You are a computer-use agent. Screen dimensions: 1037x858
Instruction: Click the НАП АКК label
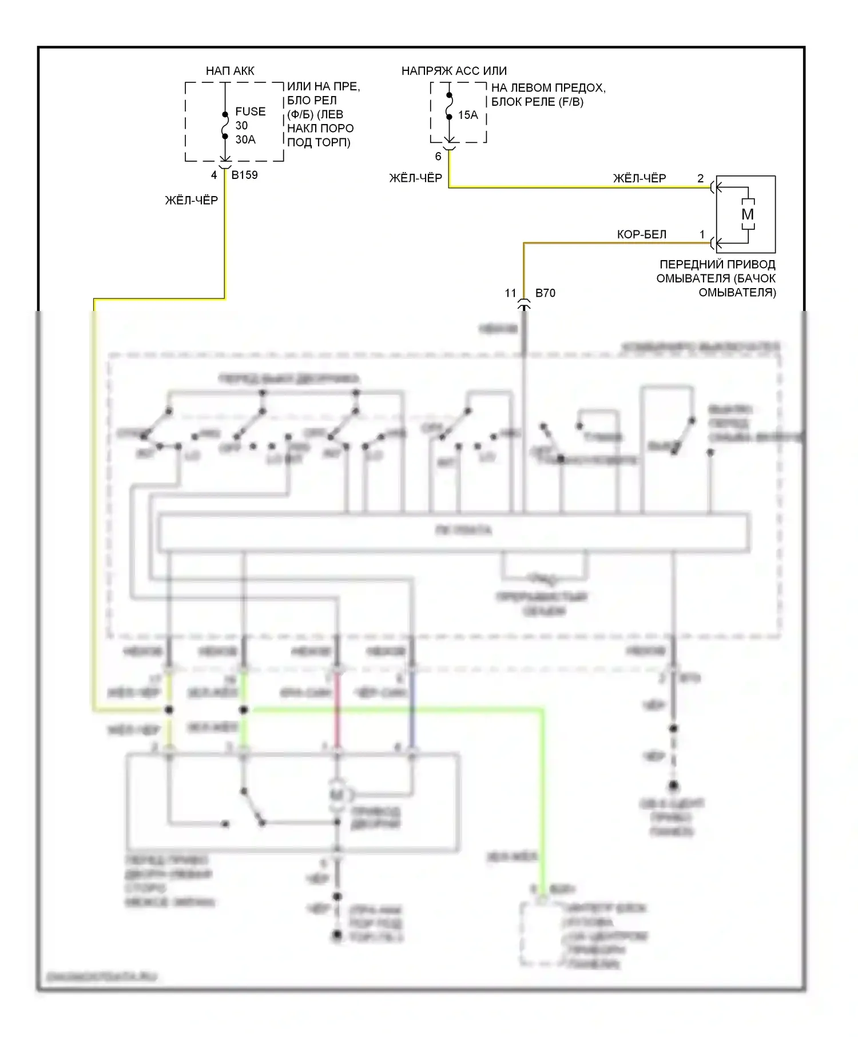coord(230,71)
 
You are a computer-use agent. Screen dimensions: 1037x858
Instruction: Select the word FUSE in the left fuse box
coord(251,111)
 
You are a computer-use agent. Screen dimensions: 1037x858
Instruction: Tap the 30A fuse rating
coord(245,139)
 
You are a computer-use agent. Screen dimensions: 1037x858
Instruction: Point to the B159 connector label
coord(244,175)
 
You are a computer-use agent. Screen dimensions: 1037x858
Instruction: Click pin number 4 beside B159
coord(214,175)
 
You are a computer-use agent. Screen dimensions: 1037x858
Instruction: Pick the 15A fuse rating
coord(468,115)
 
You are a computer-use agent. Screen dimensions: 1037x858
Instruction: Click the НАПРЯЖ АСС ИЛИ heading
coord(454,71)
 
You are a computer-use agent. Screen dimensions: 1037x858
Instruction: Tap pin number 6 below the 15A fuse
coord(438,156)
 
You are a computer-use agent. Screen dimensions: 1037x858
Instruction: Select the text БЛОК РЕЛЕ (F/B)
coord(537,102)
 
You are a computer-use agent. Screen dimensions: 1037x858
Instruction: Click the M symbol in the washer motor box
coord(748,214)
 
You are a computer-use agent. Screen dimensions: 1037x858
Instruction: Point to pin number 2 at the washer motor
coord(701,178)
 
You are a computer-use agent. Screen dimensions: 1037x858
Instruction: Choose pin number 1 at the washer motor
coord(702,234)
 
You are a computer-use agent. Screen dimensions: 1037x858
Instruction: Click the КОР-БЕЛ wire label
coord(642,234)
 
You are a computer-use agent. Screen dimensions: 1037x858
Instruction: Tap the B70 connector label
coord(545,293)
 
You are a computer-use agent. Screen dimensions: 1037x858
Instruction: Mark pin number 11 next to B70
coord(511,293)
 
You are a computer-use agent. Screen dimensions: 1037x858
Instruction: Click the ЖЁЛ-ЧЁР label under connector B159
coord(192,200)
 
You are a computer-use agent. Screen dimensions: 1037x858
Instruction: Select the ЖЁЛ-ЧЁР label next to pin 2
coord(639,178)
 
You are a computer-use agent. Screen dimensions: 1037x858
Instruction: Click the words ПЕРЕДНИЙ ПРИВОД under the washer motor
coord(717,265)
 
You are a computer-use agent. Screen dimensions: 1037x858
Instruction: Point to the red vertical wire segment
coord(337,715)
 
